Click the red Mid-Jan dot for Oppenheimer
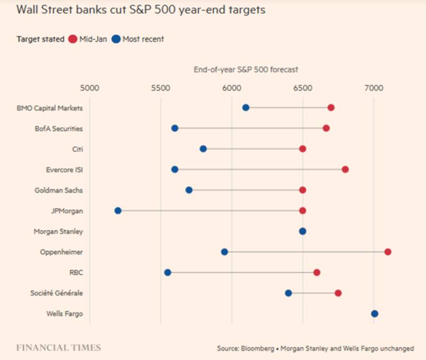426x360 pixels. (x=388, y=252)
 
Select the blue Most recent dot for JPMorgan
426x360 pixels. (x=118, y=211)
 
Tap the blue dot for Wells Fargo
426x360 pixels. (x=374, y=314)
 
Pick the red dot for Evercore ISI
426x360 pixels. (x=345, y=169)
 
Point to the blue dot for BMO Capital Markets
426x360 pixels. (x=245, y=108)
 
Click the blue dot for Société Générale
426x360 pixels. (x=288, y=293)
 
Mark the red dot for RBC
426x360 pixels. (x=317, y=273)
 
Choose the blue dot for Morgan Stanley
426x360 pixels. (x=302, y=231)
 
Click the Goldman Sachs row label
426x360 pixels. (x=59, y=190)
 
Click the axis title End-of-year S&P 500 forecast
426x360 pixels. (x=245, y=69)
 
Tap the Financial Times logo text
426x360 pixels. (x=59, y=348)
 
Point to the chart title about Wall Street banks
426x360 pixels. (x=141, y=10)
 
